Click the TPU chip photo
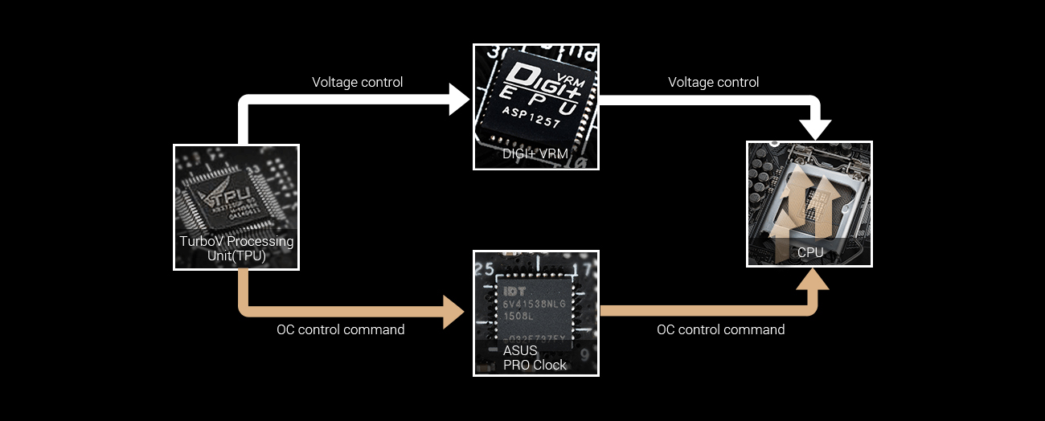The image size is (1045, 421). pos(236,193)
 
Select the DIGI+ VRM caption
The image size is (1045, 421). pos(535,154)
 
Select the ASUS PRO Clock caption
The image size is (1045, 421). pos(535,358)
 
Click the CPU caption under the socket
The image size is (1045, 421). pos(810,252)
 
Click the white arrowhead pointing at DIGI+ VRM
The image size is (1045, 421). pos(460,100)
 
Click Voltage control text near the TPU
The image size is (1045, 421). pos(357,82)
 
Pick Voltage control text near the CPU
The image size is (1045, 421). pos(713,82)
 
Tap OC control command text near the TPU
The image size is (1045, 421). pos(341,329)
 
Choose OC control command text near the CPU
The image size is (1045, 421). pos(720,329)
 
